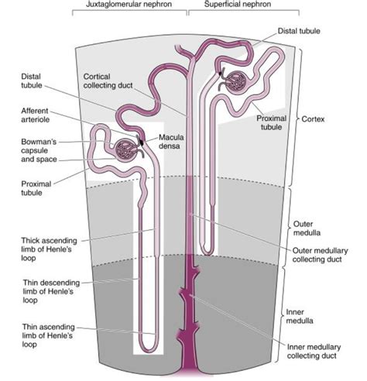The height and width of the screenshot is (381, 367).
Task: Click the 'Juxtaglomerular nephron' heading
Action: click(129, 5)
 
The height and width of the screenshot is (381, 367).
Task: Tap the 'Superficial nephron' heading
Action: click(238, 5)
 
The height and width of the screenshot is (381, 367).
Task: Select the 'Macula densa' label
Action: click(171, 142)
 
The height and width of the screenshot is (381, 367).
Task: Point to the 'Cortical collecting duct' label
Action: click(108, 81)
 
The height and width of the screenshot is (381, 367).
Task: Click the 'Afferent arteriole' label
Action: click(35, 115)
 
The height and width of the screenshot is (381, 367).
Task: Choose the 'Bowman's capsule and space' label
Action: click(39, 150)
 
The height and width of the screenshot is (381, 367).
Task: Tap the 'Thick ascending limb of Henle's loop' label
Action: click(49, 249)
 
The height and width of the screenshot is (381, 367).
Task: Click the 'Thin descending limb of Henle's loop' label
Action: click(51, 291)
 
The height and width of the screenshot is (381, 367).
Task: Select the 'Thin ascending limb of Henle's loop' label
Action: click(49, 335)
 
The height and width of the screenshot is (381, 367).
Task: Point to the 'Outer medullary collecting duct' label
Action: click(320, 255)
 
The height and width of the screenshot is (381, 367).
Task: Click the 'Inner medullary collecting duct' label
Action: click(314, 352)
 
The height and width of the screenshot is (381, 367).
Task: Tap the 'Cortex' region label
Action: click(313, 119)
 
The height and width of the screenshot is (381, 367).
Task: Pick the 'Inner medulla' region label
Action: click(300, 316)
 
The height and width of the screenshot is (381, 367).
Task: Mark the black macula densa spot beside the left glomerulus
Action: click(141, 141)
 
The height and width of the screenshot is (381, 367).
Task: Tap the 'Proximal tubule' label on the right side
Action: click(271, 122)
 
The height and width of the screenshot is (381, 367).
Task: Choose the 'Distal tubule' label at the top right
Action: click(299, 31)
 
